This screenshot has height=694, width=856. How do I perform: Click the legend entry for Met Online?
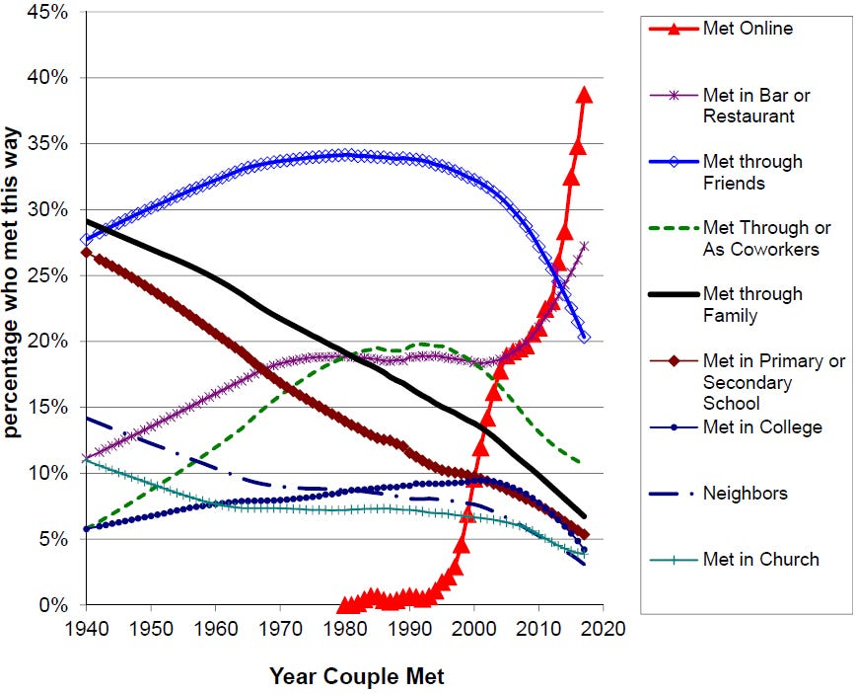point(748,29)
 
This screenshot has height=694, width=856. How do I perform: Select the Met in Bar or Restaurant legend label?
point(756,106)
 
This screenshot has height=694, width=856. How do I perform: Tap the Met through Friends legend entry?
point(752,172)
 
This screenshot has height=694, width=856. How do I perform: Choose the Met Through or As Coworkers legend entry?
point(760,238)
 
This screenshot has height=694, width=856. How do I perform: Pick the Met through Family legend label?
point(752,304)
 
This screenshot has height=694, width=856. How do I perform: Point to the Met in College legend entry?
point(762,427)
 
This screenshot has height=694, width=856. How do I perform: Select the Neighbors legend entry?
point(745,493)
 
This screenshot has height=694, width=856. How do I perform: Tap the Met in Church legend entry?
point(760,560)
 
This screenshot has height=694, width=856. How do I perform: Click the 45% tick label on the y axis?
point(48,13)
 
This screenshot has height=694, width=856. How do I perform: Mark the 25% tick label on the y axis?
point(48,276)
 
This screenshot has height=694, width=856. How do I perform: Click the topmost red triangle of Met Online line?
point(584,95)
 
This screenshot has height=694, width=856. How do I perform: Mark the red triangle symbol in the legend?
point(673,29)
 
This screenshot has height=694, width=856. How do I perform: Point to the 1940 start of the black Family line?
point(88,221)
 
